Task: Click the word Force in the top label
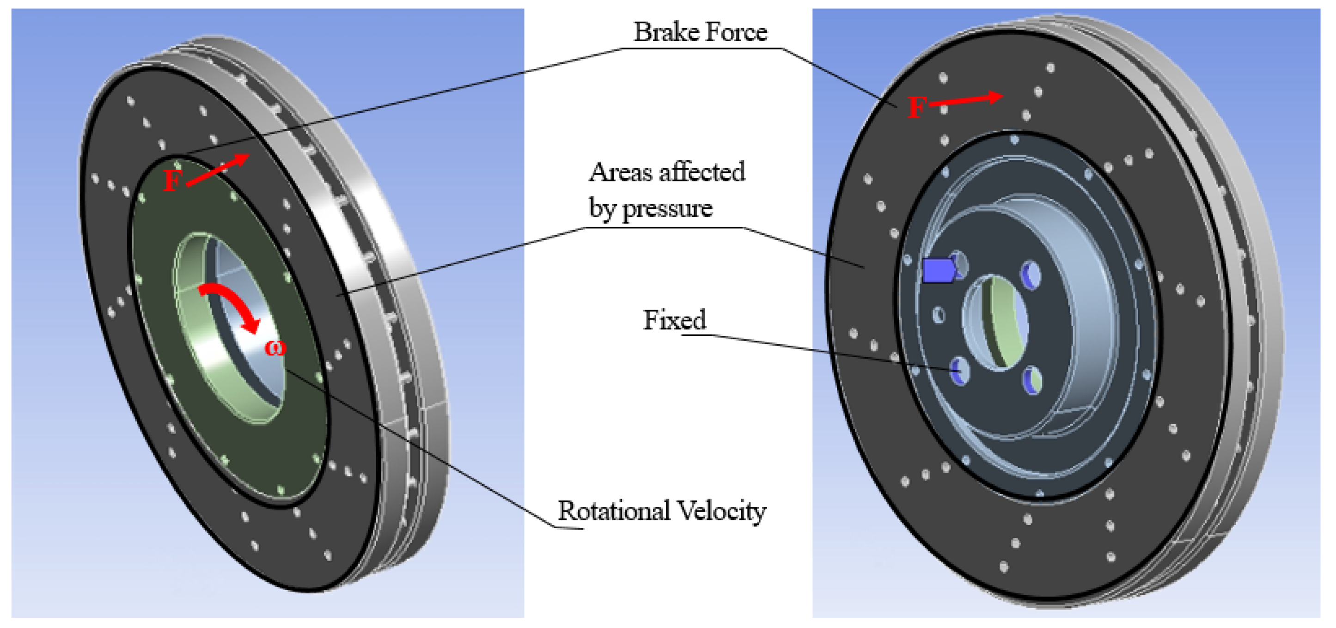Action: (x=737, y=32)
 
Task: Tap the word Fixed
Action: (x=674, y=319)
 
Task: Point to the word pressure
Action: (x=667, y=209)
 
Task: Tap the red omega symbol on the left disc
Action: (x=275, y=348)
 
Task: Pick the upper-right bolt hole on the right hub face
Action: (x=1031, y=274)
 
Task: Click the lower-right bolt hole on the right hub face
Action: (x=1031, y=381)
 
